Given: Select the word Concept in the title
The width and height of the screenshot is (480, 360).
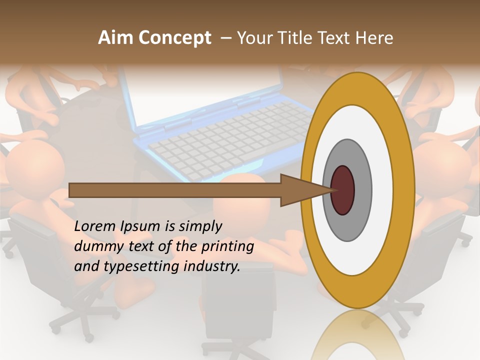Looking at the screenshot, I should pos(174,38).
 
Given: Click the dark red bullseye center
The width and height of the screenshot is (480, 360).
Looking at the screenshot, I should pos(343,190).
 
